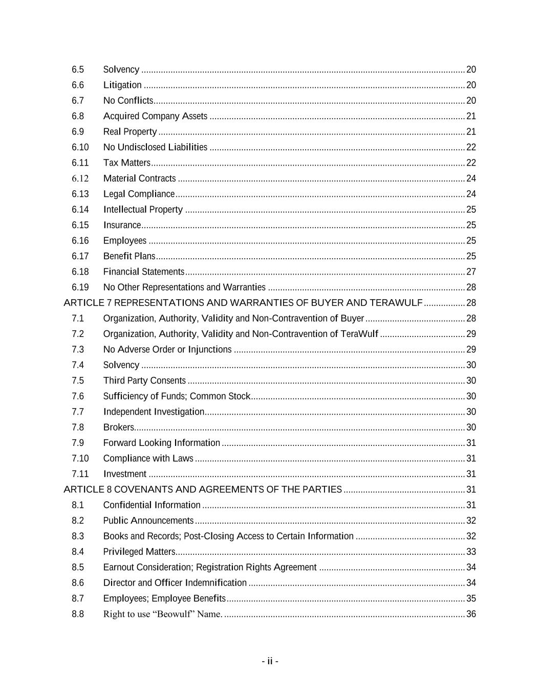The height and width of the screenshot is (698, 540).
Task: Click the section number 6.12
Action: (x=80, y=178)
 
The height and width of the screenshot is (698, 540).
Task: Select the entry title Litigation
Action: (x=122, y=85)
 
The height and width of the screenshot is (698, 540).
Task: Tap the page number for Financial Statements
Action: (x=471, y=272)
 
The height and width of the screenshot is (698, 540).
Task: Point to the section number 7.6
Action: (x=78, y=396)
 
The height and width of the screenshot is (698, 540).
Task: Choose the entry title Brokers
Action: (x=118, y=427)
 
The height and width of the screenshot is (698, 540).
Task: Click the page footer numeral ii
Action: (x=270, y=661)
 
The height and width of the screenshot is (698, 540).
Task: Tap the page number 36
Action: (x=471, y=614)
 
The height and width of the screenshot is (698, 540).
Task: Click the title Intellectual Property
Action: (x=143, y=210)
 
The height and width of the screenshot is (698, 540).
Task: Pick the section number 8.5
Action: (x=78, y=567)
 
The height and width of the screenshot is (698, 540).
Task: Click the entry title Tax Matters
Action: (x=126, y=163)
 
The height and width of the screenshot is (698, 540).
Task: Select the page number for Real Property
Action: (x=471, y=131)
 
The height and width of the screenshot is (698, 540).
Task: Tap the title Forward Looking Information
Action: (x=161, y=443)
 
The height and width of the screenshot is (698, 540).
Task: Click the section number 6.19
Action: (x=80, y=287)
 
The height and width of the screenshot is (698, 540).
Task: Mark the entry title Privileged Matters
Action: (x=139, y=552)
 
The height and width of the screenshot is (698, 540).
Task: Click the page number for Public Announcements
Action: (x=471, y=521)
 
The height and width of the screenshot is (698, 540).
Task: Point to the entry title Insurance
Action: (x=122, y=225)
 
